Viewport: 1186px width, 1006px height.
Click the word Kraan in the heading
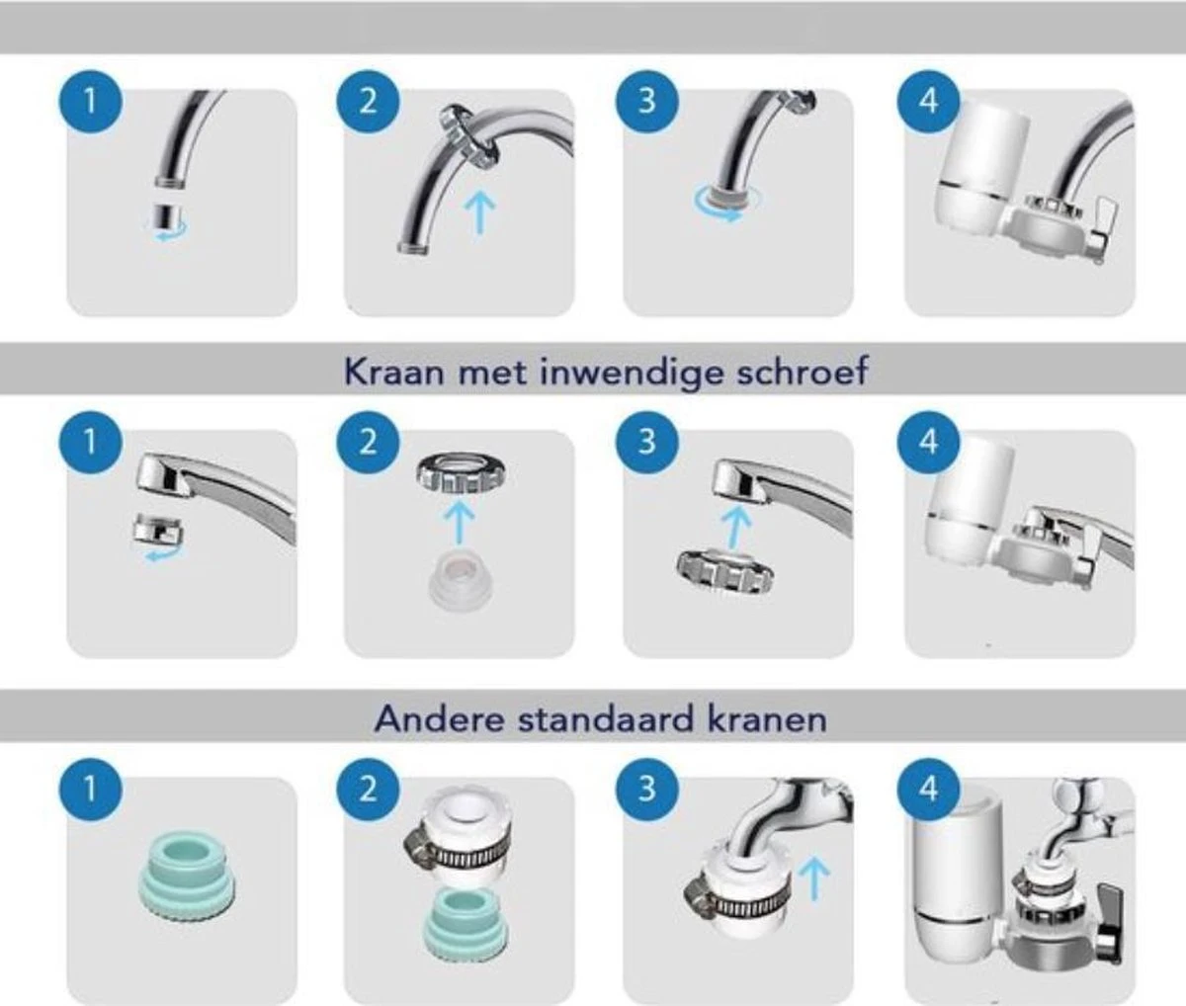pos(394,372)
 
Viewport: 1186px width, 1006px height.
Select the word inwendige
pos(632,373)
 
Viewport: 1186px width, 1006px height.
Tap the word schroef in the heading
pos(802,371)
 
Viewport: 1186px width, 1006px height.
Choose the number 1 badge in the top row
pos(90,102)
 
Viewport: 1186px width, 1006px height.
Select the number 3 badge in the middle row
pos(647,442)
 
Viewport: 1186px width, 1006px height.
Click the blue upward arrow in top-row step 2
pos(479,213)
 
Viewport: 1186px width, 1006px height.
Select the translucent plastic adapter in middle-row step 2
pos(461,584)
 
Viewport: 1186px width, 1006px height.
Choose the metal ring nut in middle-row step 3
pos(724,571)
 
